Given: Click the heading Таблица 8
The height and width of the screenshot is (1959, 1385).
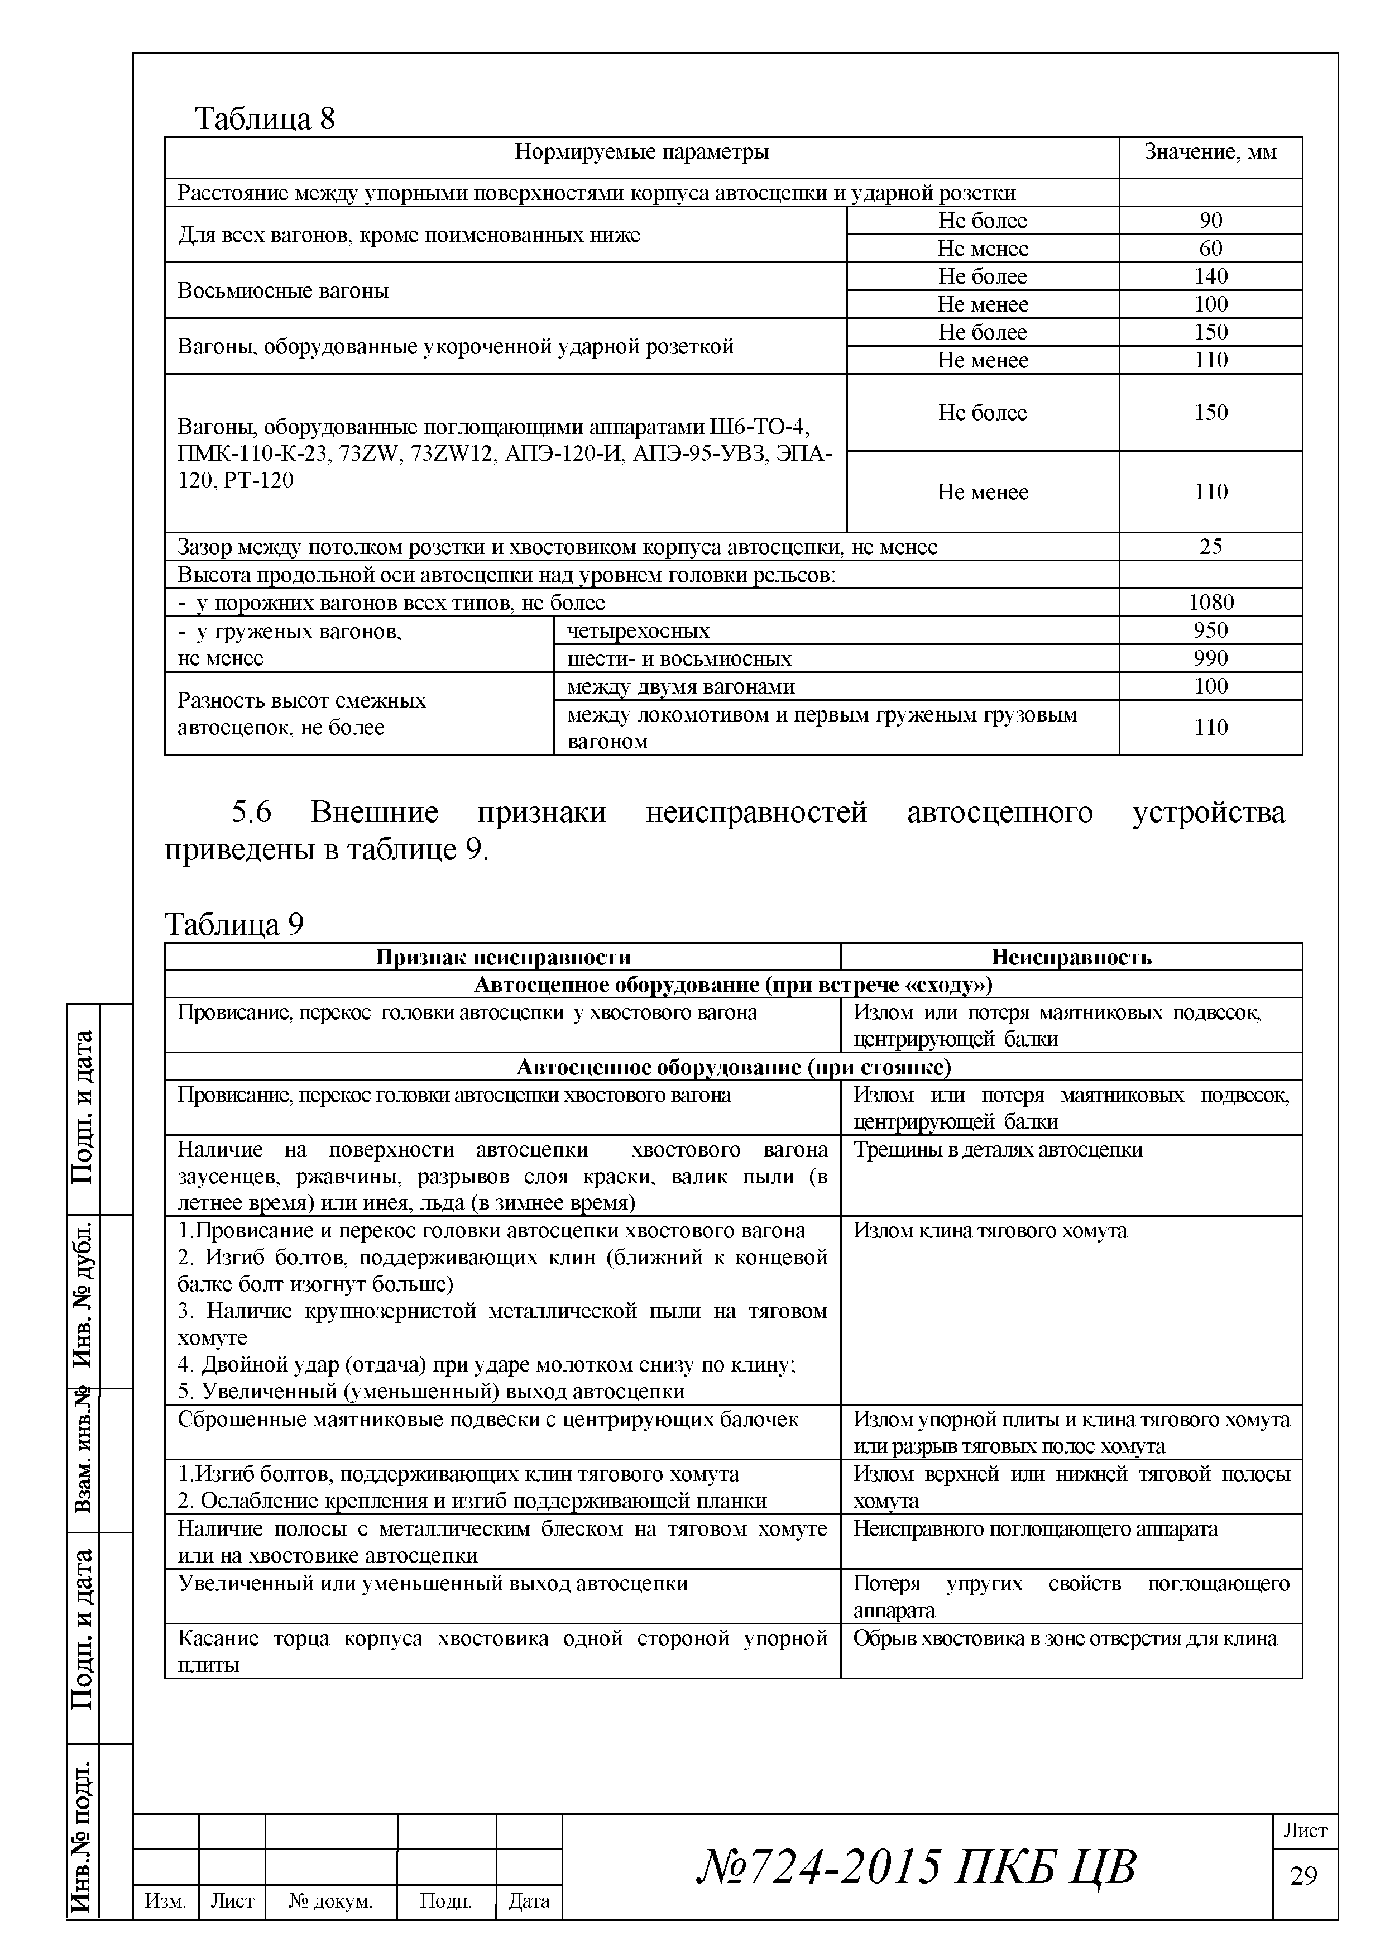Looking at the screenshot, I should tap(265, 118).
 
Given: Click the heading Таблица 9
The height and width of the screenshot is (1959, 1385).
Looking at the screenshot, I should tap(234, 924).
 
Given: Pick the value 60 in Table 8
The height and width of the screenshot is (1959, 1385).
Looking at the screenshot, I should tap(1210, 249).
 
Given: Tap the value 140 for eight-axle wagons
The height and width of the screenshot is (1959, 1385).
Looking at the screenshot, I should tap(1210, 276).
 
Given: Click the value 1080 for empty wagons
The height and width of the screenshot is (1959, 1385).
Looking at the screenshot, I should tap(1210, 603).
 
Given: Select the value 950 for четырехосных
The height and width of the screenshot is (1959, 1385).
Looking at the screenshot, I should tap(1210, 630).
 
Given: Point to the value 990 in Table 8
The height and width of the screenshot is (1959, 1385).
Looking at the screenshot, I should tap(1210, 659).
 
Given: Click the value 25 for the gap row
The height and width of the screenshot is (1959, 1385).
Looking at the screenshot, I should tap(1210, 547).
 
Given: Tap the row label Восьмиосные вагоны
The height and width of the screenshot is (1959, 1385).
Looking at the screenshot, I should tap(283, 291).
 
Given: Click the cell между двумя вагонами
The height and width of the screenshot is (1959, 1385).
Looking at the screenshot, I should tap(680, 687).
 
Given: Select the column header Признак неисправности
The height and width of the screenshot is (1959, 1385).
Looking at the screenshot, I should tap(502, 957).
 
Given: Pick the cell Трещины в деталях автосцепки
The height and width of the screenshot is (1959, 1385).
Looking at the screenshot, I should tap(997, 1150).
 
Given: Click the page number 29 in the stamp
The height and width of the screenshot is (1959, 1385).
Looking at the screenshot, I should tap(1303, 1875).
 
